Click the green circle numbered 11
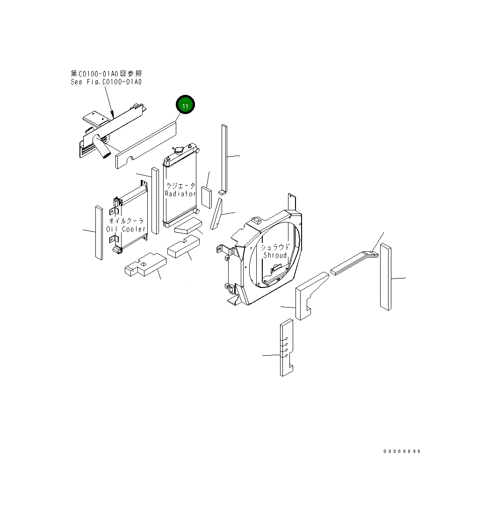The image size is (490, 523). click(185, 106)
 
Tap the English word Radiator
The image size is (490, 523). click(180, 193)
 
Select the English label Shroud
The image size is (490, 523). click(275, 255)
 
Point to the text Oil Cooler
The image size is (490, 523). click(126, 229)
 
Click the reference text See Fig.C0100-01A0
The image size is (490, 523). click(106, 82)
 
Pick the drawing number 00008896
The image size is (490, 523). click(402, 451)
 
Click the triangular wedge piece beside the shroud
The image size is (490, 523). click(216, 215)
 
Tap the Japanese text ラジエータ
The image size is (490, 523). click(180, 186)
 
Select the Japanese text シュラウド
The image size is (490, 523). click(275, 247)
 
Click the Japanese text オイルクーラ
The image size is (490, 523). click(126, 221)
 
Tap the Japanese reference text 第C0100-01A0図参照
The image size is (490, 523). click(106, 73)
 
